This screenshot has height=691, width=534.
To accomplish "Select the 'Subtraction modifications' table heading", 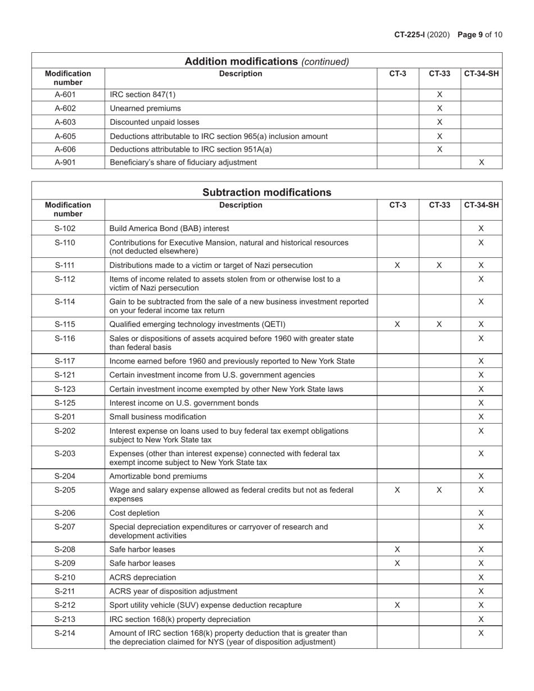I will click(266, 193).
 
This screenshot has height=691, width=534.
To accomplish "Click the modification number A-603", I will click(65, 122).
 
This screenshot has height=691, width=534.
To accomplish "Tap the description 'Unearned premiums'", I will click(145, 108).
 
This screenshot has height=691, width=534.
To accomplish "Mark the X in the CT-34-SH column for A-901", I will click(481, 162).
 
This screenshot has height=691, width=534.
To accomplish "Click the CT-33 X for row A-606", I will click(440, 149).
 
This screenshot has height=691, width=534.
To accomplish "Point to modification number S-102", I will click(65, 229).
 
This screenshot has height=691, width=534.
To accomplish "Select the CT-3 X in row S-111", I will click(397, 265).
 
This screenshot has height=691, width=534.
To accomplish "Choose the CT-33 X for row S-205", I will click(440, 490).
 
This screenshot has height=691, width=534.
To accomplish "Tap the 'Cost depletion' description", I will click(134, 513).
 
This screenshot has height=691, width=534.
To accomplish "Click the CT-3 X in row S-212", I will click(397, 605).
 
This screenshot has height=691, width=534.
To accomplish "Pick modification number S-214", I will click(65, 633).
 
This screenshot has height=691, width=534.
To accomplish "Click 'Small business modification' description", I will click(158, 417).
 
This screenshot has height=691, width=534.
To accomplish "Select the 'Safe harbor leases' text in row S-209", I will click(142, 563).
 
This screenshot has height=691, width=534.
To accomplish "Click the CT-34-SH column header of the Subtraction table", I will click(481, 205).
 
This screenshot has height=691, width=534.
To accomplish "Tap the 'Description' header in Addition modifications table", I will click(241, 74).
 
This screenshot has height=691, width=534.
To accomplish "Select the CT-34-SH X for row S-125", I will click(481, 403).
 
